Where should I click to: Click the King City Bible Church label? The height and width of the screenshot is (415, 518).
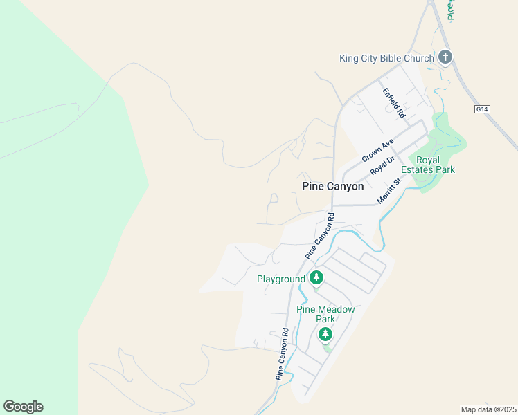[386, 58]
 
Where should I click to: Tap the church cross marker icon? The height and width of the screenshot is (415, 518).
[445, 57]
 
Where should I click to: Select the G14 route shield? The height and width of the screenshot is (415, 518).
[483, 109]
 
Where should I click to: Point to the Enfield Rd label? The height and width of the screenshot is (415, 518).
[393, 102]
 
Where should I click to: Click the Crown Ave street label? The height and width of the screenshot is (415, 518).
[377, 150]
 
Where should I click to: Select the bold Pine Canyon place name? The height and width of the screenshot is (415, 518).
[333, 187]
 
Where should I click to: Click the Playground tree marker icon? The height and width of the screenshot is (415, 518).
[316, 278]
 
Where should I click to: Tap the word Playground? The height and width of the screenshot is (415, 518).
[281, 279]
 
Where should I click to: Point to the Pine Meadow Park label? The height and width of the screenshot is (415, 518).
[325, 314]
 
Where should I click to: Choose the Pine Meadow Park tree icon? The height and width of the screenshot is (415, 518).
[325, 334]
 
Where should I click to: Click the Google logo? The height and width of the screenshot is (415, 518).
[23, 407]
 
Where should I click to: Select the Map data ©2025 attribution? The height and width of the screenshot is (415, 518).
[488, 409]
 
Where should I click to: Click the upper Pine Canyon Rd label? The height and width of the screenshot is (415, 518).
[319, 236]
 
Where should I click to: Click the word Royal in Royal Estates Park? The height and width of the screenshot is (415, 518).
[427, 160]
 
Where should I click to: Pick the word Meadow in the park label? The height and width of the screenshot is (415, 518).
[338, 309]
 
